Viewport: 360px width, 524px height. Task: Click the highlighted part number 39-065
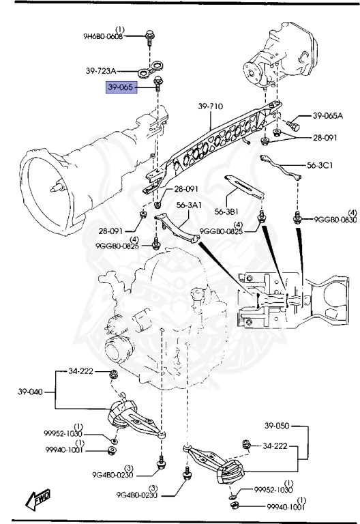pos(122,88)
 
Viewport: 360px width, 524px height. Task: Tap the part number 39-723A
pos(101,70)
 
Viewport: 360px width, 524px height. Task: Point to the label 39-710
pos(211,106)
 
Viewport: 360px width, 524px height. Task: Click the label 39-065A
pos(328,116)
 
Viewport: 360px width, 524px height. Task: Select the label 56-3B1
pos(228,211)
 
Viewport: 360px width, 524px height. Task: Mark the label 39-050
pos(277,426)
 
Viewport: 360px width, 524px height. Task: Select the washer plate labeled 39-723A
pos(149,69)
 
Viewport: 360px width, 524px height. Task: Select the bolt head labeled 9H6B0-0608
pos(149,33)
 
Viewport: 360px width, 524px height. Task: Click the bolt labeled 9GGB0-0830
pos(297,218)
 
